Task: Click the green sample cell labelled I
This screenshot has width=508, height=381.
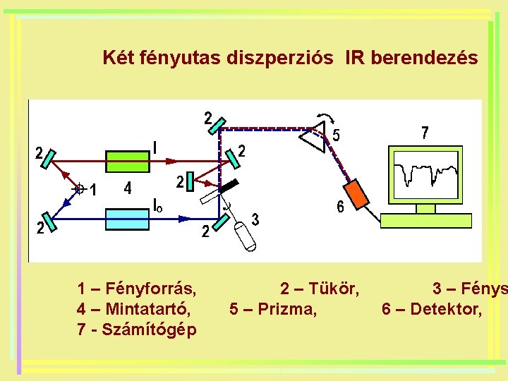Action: [127, 161]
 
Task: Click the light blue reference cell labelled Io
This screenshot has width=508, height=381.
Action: [127, 219]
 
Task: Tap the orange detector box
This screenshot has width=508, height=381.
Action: [357, 194]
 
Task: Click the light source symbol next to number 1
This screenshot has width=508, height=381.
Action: [79, 189]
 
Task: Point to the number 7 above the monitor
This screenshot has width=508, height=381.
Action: [424, 133]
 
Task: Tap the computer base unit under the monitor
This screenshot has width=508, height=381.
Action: [425, 220]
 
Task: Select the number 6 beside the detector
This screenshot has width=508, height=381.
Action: [340, 207]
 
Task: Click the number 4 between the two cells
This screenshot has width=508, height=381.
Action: [127, 189]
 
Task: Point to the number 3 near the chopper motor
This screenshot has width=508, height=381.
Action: [255, 219]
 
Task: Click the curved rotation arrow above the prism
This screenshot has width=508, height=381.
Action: [327, 118]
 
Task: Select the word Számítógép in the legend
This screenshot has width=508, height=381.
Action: [150, 329]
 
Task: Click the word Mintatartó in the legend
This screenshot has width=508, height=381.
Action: [145, 309]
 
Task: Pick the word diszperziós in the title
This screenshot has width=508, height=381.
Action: [281, 58]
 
